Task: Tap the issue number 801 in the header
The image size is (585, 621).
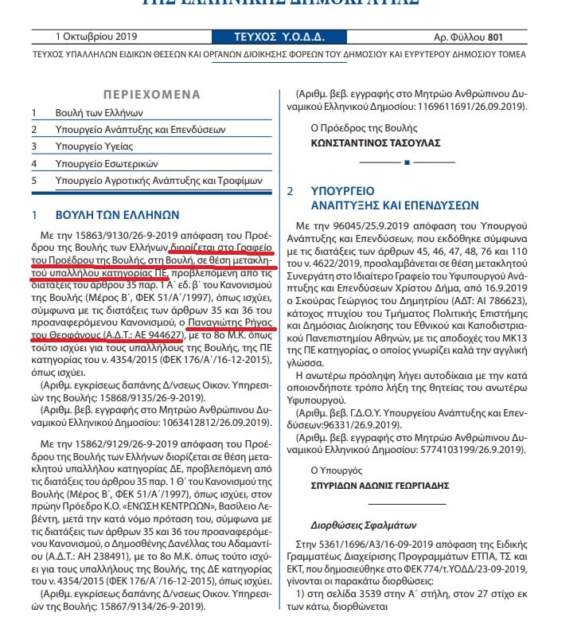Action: click(496, 37)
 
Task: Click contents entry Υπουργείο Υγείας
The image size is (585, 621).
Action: click(94, 146)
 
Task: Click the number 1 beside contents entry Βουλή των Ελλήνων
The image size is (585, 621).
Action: click(34, 113)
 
